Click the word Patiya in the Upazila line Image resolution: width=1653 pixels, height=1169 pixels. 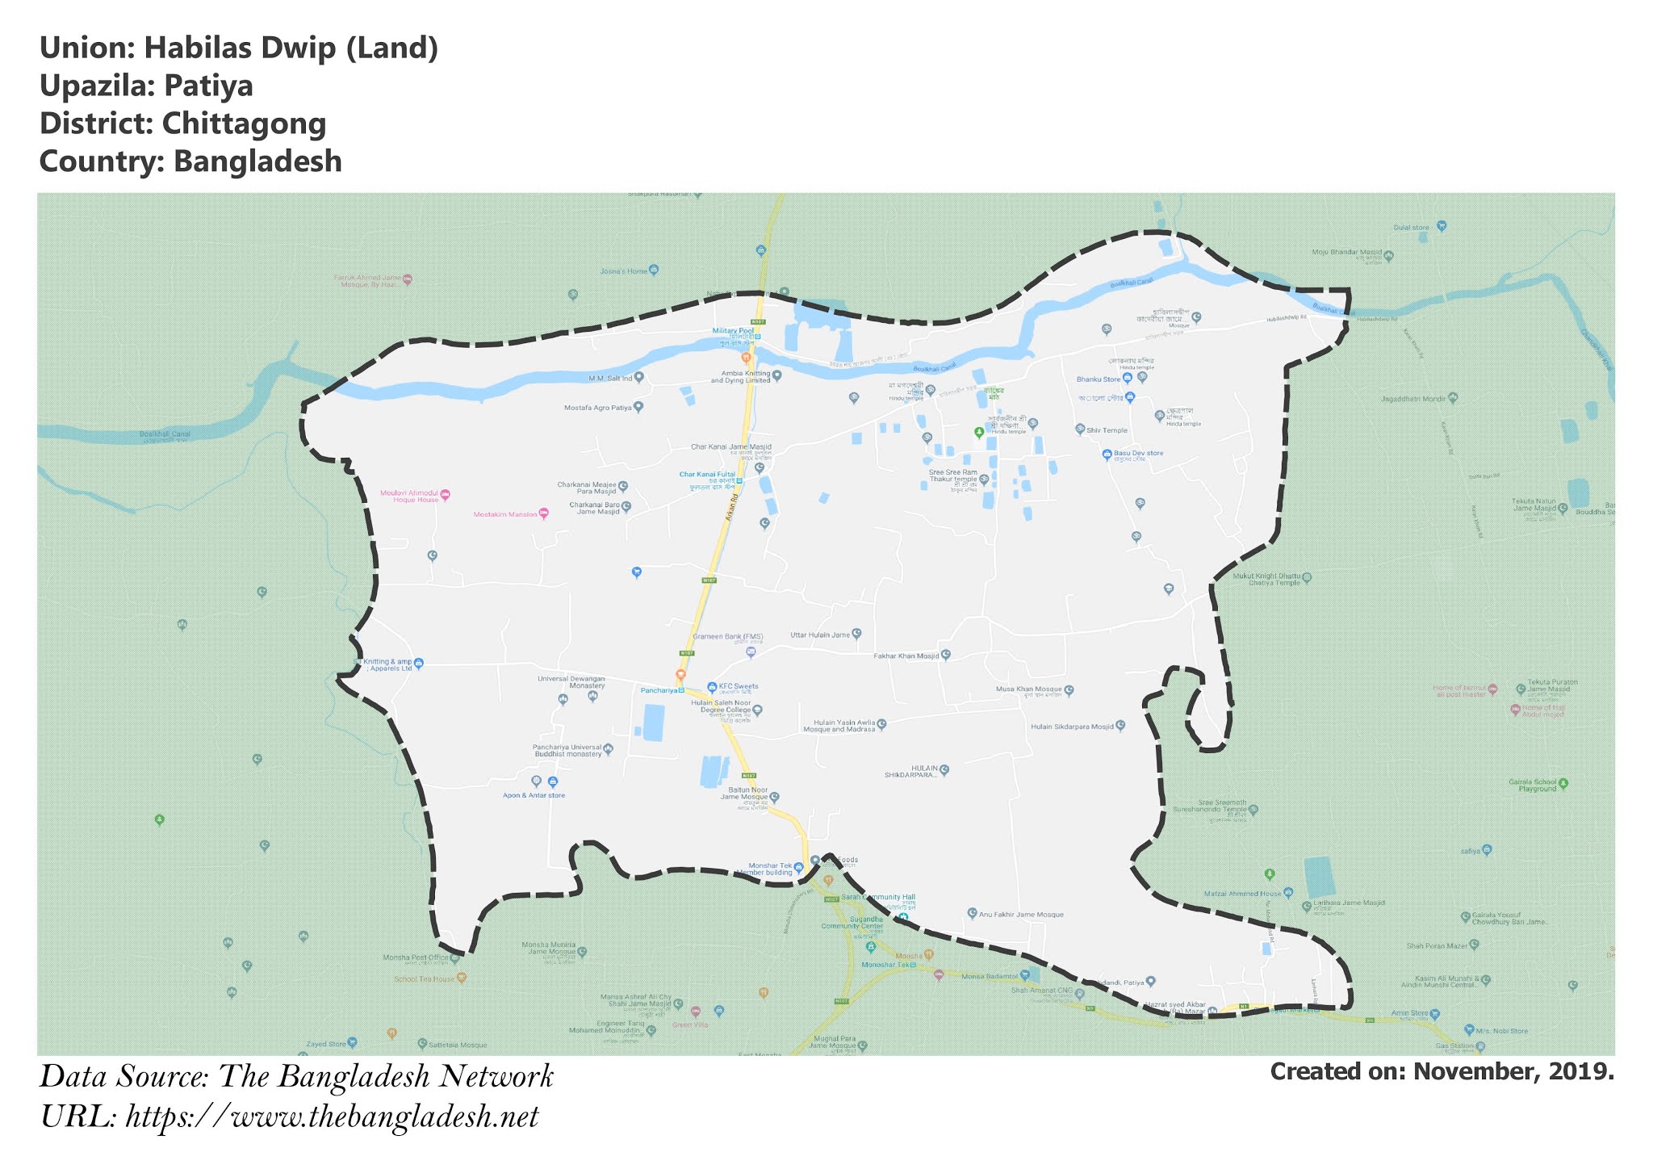208,86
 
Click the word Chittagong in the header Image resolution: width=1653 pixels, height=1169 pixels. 244,124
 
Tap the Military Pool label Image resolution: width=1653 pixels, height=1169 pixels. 733,331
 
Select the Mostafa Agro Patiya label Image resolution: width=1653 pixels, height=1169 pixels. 597,408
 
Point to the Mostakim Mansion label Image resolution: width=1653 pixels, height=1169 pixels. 505,514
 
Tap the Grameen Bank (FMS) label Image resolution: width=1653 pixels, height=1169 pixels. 727,636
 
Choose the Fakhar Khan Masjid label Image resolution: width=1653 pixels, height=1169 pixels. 906,656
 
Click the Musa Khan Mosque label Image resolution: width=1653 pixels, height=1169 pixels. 1028,690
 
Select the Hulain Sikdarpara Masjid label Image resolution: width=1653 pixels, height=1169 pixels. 1071,727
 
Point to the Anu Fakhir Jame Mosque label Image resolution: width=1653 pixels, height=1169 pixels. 1021,915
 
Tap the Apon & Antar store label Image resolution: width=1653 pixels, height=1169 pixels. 534,795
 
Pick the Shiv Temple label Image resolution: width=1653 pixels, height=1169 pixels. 1107,430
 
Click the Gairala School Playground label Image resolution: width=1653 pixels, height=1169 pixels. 1532,785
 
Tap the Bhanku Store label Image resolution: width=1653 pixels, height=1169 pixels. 1099,379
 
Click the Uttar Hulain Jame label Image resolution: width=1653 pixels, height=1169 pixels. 820,635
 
